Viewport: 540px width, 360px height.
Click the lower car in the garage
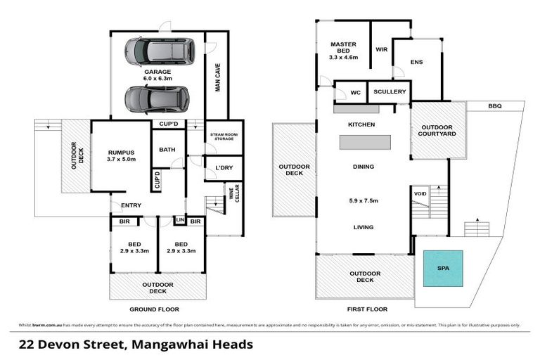157,99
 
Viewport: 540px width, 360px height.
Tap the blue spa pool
442,268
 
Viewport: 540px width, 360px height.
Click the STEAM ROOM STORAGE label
224,136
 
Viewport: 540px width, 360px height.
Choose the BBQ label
495,105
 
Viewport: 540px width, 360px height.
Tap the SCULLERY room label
389,92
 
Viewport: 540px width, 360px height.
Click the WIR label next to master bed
382,50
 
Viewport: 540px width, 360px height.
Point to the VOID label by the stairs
420,193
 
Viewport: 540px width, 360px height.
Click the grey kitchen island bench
365,143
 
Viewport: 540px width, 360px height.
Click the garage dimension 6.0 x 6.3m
157,79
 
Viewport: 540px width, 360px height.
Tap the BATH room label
167,149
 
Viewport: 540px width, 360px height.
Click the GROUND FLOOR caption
154,309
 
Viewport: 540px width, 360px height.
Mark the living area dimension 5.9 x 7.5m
364,200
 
